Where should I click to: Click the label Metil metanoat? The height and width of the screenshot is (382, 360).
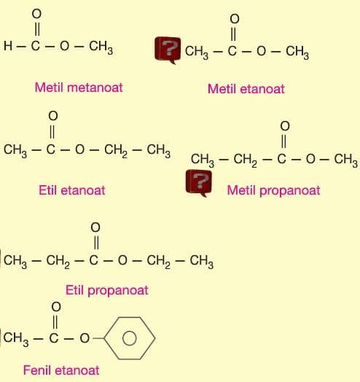point(79,87)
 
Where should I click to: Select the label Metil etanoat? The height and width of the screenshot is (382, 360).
point(246,89)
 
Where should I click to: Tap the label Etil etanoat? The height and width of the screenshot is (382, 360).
point(72,190)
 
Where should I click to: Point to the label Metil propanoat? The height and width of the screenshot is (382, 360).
point(273,191)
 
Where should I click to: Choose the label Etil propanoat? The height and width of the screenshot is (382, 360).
point(107,290)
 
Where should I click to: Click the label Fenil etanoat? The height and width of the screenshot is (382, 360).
point(61,370)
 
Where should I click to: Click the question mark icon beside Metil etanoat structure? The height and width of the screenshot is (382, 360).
point(168,50)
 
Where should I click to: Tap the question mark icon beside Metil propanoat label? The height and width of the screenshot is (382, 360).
point(199,183)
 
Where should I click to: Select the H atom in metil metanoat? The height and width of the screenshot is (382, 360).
point(8,46)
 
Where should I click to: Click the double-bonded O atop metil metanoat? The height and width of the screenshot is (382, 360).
point(36,14)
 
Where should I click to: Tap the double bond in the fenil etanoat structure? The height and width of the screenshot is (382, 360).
point(55,321)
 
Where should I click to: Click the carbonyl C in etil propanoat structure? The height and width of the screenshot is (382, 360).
point(94,260)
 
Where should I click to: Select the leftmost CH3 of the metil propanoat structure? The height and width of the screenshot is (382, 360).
point(203,160)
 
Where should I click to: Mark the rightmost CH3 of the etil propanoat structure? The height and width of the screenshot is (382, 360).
point(202,261)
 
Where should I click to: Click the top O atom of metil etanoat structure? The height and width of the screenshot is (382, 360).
point(235,19)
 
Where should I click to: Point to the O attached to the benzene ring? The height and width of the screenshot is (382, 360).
point(85,338)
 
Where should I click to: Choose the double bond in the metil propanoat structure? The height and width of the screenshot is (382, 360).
point(283,141)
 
